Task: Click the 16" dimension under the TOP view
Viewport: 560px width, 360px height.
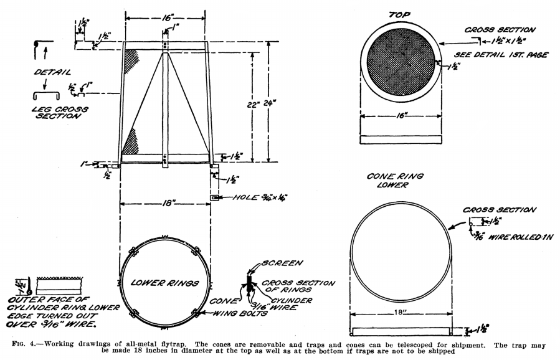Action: [x=401, y=115]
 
